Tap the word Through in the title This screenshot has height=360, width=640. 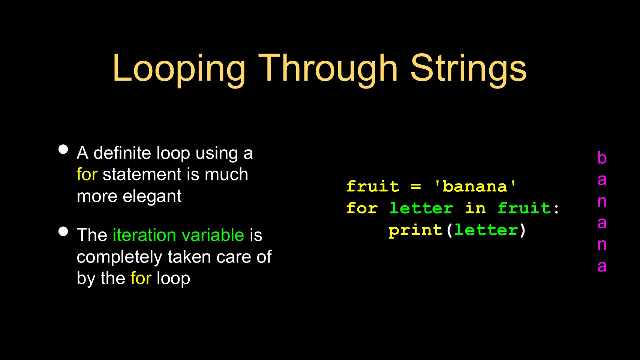click(328, 70)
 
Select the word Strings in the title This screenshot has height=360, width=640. click(469, 70)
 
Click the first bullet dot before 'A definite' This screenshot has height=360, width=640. click(63, 149)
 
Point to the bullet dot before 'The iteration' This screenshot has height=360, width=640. click(63, 231)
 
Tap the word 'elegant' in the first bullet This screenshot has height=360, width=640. click(152, 197)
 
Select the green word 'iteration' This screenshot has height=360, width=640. click(144, 235)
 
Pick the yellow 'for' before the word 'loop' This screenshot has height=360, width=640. click(141, 278)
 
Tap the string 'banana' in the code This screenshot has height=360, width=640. click(475, 186)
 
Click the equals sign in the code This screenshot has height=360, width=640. click(416, 187)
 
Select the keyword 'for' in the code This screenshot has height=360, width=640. click(362, 208)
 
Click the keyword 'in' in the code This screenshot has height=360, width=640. click(475, 208)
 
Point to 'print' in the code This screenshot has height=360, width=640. click(415, 230)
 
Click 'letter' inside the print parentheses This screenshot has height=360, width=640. click(486, 230)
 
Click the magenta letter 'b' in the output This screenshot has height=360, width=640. click(602, 157)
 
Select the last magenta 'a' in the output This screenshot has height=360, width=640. click(602, 267)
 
